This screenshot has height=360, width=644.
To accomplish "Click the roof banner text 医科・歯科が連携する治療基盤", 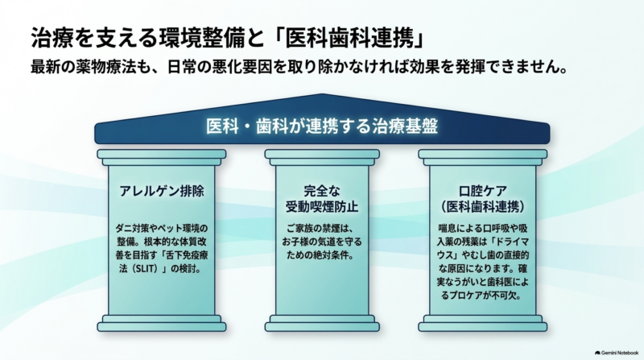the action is tap(322, 126).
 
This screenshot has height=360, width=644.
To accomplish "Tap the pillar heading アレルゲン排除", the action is tap(162, 191).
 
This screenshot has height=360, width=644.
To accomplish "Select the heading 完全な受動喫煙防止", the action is tap(322, 198).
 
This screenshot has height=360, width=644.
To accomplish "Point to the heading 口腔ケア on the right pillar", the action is tap(482, 191).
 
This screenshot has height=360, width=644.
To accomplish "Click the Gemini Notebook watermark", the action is tap(617, 353).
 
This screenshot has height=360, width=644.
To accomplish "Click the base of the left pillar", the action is tap(162, 324).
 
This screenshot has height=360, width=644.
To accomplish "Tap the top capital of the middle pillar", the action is tap(322, 157).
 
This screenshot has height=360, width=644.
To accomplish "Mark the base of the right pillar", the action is tap(482, 324).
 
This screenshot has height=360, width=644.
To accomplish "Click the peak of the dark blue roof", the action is tap(322, 95).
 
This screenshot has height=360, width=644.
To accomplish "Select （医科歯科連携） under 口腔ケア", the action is tap(482, 206).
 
